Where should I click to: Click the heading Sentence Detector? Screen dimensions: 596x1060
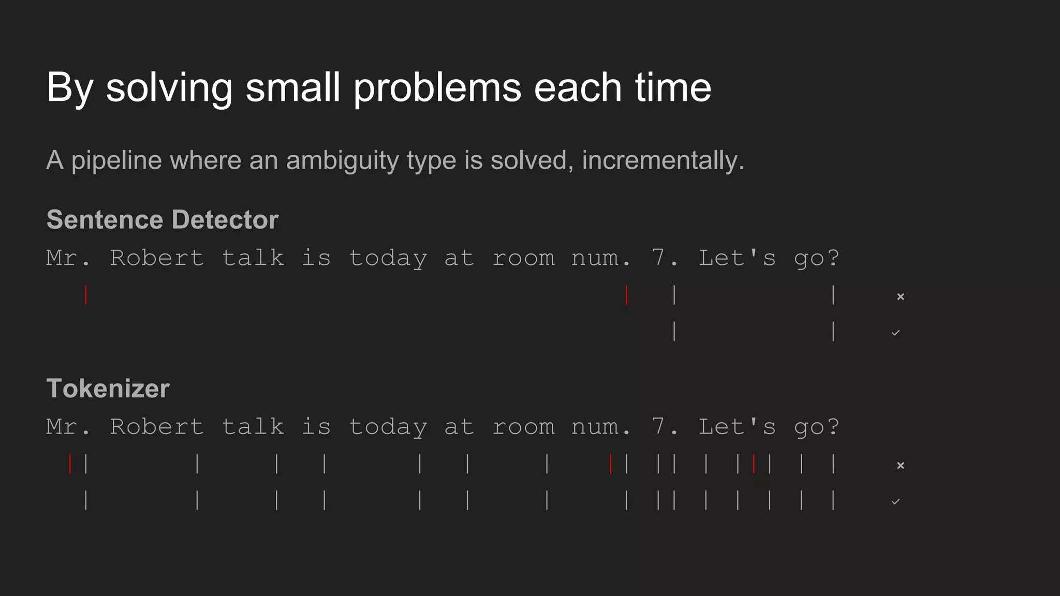(163, 219)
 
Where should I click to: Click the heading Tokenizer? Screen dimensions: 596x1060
(108, 388)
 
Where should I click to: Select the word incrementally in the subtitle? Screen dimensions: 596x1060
(662, 160)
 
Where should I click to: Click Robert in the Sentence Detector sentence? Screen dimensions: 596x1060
(157, 258)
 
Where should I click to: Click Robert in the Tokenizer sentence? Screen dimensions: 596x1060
(157, 427)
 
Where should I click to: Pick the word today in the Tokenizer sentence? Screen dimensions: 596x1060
(388, 427)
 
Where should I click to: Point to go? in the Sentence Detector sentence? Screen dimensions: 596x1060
(816, 258)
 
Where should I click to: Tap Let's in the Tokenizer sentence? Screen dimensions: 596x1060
(737, 427)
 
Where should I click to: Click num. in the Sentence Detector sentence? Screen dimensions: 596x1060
(601, 258)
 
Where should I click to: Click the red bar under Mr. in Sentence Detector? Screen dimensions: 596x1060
(86, 295)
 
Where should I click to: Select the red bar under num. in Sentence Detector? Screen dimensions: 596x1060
(626, 295)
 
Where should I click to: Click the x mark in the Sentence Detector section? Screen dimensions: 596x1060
(901, 296)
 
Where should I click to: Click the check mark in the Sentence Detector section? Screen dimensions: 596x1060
(896, 333)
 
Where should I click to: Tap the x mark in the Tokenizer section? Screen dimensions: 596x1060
(901, 465)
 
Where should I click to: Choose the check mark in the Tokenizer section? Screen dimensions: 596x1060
(896, 501)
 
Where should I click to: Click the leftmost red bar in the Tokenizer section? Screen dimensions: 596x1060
(70, 464)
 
